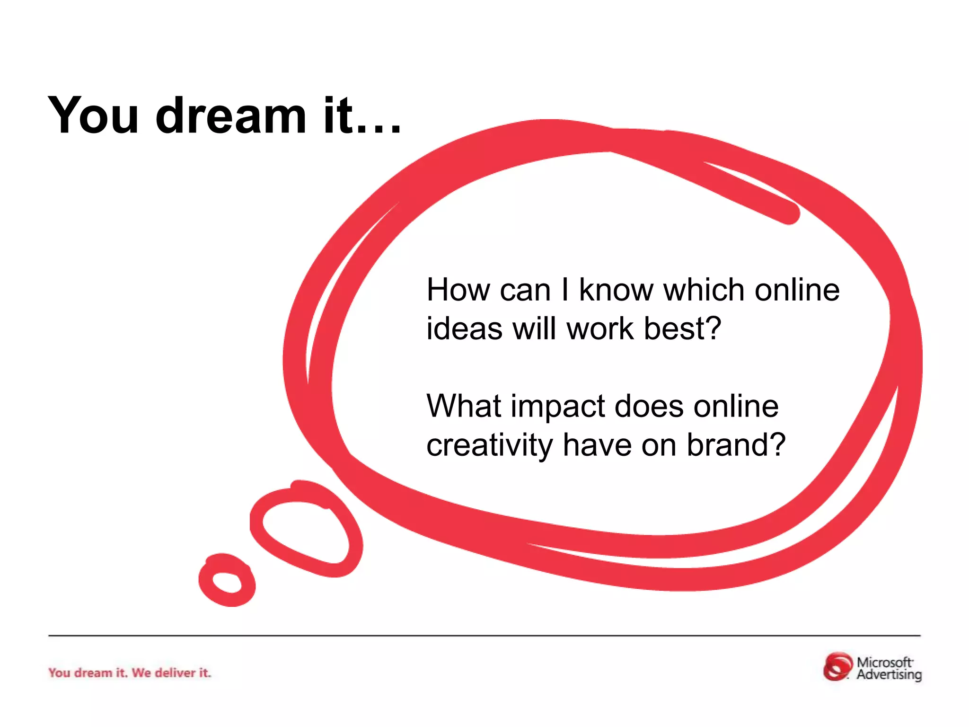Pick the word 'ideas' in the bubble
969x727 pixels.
[464, 328]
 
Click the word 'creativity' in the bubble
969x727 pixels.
[489, 446]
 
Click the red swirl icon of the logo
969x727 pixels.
[837, 667]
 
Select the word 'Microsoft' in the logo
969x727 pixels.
[884, 662]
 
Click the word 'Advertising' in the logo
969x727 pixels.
[889, 674]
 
